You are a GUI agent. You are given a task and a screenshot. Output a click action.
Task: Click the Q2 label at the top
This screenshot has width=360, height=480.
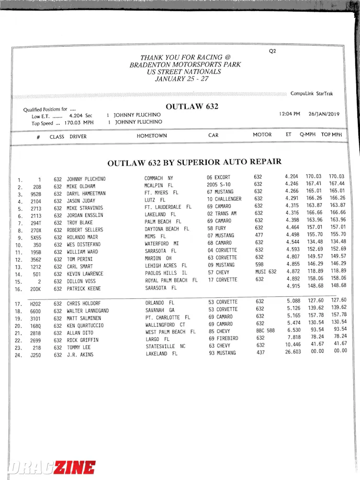[x=272, y=51]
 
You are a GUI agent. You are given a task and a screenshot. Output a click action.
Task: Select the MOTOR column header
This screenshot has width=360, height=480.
[x=262, y=135]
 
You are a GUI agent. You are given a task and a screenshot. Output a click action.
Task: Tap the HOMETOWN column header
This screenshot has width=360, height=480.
[x=152, y=136]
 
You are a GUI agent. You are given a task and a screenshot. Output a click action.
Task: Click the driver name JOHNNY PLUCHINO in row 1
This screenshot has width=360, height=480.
[x=86, y=179]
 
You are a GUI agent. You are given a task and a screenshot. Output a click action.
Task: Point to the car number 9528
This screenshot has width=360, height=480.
[x=35, y=194]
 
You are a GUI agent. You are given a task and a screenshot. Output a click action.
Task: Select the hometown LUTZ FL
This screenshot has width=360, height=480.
[x=155, y=200]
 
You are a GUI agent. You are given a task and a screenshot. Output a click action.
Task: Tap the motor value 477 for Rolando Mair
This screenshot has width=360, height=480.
[x=258, y=235]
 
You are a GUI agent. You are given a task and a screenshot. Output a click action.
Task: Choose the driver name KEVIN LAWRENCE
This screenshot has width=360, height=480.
[x=85, y=274]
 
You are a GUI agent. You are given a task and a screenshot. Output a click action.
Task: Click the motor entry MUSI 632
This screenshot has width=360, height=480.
[x=265, y=272]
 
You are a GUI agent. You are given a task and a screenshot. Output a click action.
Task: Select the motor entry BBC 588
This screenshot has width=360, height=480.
[x=265, y=331]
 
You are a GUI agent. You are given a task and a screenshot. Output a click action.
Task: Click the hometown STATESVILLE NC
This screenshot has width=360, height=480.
[x=165, y=347]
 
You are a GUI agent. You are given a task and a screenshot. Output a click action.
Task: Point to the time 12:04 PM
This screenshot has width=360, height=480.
[x=289, y=114]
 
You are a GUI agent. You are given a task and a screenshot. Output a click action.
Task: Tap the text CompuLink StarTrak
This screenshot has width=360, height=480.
[x=312, y=94]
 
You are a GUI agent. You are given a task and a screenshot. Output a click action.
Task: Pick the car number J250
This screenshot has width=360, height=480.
[x=35, y=355]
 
